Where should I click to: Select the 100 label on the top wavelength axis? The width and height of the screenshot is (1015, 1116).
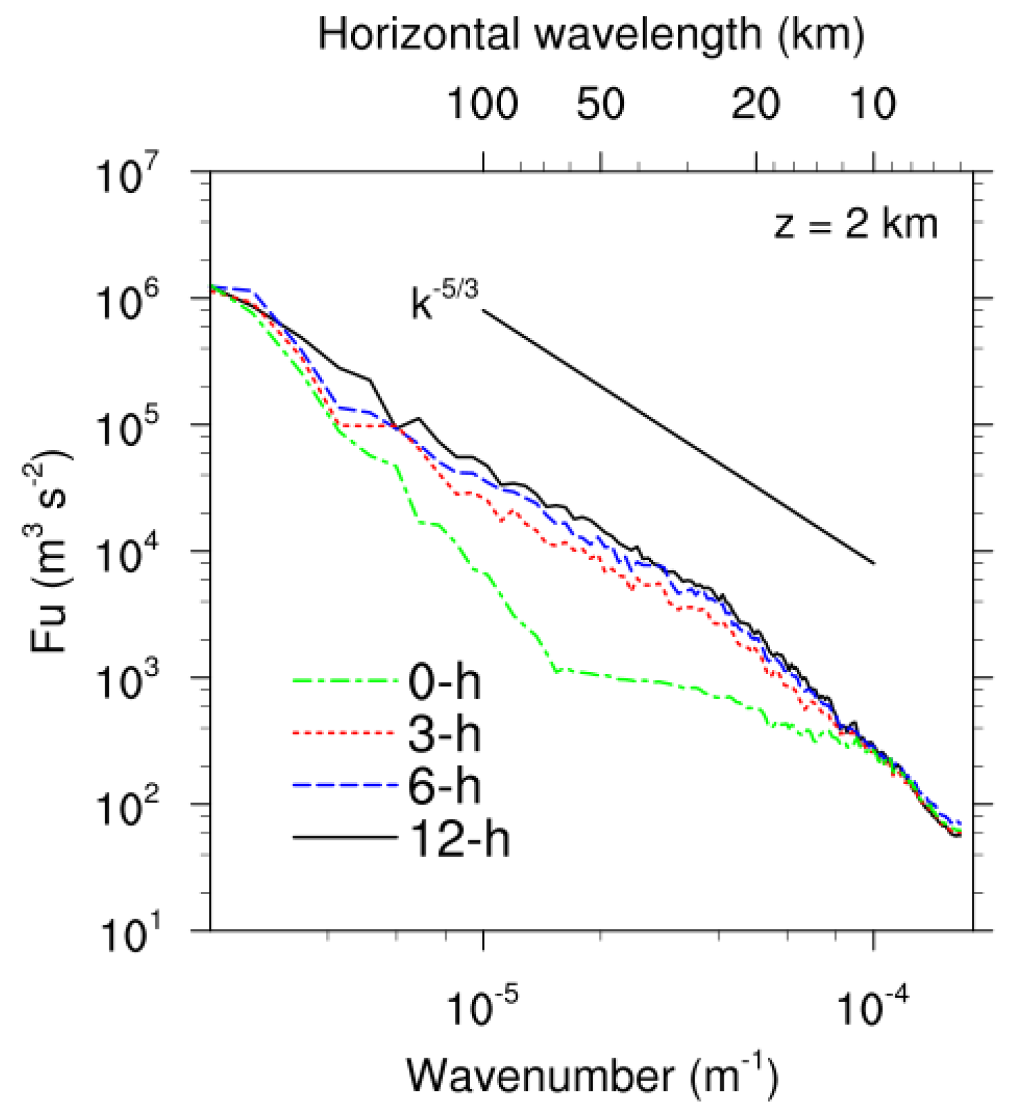coord(482,105)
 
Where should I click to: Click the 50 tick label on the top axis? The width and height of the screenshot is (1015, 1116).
coord(600,105)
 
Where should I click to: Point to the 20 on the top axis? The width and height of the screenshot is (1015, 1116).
coord(755,105)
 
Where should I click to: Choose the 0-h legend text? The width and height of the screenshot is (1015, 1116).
coord(445,682)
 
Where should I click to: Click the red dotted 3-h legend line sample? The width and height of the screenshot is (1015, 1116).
coord(344,732)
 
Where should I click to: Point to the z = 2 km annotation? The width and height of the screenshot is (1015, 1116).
coord(855,224)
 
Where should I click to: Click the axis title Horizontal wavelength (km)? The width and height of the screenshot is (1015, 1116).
coord(591,34)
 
